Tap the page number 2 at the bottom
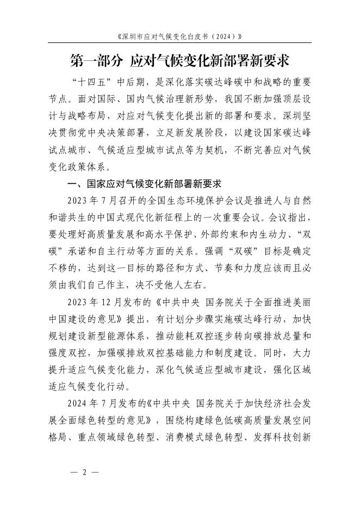pyautogui.click(x=85, y=472)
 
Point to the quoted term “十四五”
pyautogui.click(x=92, y=83)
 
